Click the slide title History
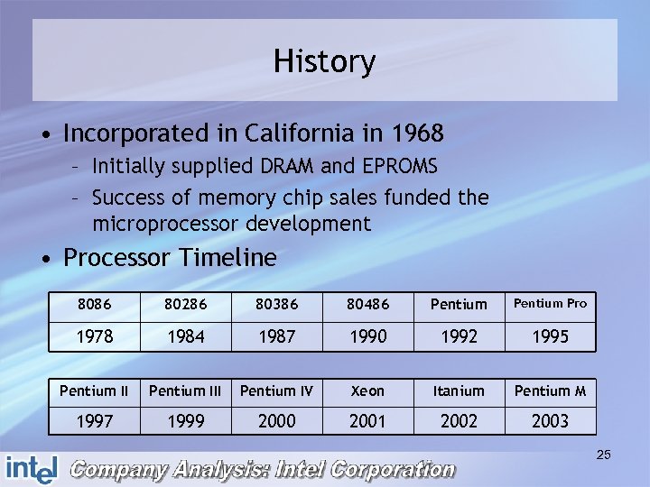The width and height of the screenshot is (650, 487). tap(324, 62)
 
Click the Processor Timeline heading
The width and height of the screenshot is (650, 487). tap(170, 258)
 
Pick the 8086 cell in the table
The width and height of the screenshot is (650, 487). tap(94, 305)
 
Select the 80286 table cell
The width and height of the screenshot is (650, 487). tap(185, 305)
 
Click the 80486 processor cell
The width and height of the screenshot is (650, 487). tap(367, 305)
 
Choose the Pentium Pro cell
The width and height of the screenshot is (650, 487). tap(550, 304)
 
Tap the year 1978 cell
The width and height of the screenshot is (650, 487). tap(94, 335)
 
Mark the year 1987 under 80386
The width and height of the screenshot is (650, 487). tap(276, 335)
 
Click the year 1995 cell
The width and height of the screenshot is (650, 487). tap(550, 335)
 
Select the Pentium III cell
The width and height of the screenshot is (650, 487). tap(185, 391)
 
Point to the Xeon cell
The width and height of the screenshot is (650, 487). tap(367, 391)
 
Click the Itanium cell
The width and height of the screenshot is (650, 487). tap(459, 391)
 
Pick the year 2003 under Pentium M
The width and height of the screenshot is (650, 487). tap(550, 421)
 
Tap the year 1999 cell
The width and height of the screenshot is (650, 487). tap(185, 421)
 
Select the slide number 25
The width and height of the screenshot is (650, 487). tap(603, 455)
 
